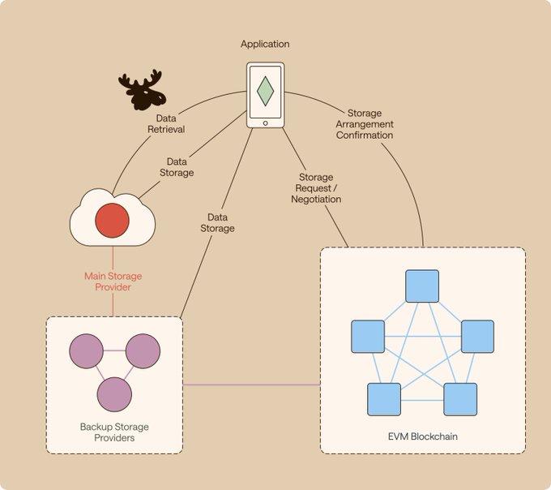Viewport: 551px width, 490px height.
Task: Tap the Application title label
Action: click(265, 44)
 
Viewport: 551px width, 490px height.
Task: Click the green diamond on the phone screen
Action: click(265, 91)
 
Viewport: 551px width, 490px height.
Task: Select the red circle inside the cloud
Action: click(112, 221)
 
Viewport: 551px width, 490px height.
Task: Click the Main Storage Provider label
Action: click(113, 282)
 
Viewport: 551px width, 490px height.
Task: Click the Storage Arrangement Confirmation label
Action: click(364, 124)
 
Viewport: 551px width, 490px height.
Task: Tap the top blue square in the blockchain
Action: click(421, 286)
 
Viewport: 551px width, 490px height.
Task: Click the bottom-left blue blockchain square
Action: click(384, 398)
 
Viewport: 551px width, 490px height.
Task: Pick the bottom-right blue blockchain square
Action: click(459, 398)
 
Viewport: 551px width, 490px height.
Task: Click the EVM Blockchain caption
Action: click(422, 437)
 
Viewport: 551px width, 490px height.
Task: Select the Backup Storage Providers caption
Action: click(113, 432)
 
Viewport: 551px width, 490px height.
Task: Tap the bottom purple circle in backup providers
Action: click(114, 393)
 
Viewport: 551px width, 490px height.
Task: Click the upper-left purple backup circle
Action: click(86, 351)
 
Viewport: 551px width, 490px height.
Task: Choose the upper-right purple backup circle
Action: click(143, 351)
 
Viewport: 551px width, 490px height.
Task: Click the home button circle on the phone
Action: click(265, 122)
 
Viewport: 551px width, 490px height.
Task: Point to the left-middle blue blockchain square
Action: click(367, 337)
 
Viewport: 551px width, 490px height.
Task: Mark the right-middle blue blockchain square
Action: click(477, 337)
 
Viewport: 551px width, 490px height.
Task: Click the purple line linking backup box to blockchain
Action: click(251, 385)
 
